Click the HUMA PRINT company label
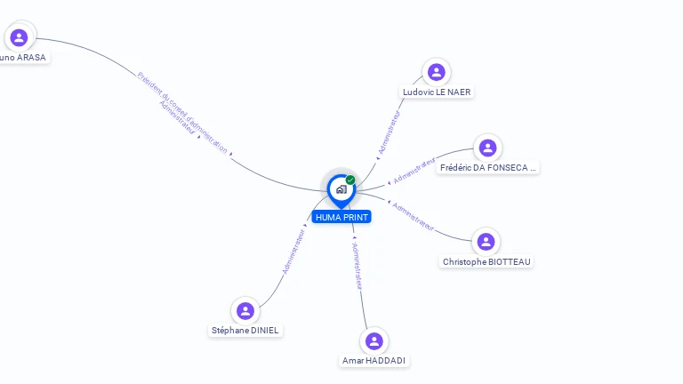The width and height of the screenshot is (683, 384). (341, 217)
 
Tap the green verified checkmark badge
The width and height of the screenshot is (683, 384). (350, 180)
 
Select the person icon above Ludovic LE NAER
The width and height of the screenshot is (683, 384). (436, 72)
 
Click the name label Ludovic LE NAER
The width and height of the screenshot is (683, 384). (437, 92)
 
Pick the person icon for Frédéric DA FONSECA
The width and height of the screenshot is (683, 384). (486, 148)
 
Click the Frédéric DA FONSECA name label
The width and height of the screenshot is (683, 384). (488, 167)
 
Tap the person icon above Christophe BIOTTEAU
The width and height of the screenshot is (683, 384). (486, 242)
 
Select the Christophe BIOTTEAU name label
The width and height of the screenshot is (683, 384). (487, 261)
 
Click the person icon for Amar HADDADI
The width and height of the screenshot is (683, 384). (374, 340)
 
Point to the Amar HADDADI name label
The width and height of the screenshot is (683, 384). (375, 360)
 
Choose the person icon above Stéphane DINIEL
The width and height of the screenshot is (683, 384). (245, 311)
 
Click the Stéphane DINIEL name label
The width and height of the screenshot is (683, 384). (245, 330)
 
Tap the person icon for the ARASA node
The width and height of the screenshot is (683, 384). (19, 37)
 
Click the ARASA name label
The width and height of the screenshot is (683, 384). (22, 57)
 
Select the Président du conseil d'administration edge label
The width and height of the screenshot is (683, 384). (183, 111)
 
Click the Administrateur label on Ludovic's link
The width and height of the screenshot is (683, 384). (390, 132)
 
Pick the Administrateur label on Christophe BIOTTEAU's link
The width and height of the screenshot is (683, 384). (414, 216)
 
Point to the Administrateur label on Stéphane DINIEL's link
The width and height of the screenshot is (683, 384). (293, 251)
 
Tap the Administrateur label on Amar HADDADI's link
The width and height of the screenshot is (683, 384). (357, 266)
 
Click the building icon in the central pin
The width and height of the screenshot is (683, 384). (341, 189)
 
